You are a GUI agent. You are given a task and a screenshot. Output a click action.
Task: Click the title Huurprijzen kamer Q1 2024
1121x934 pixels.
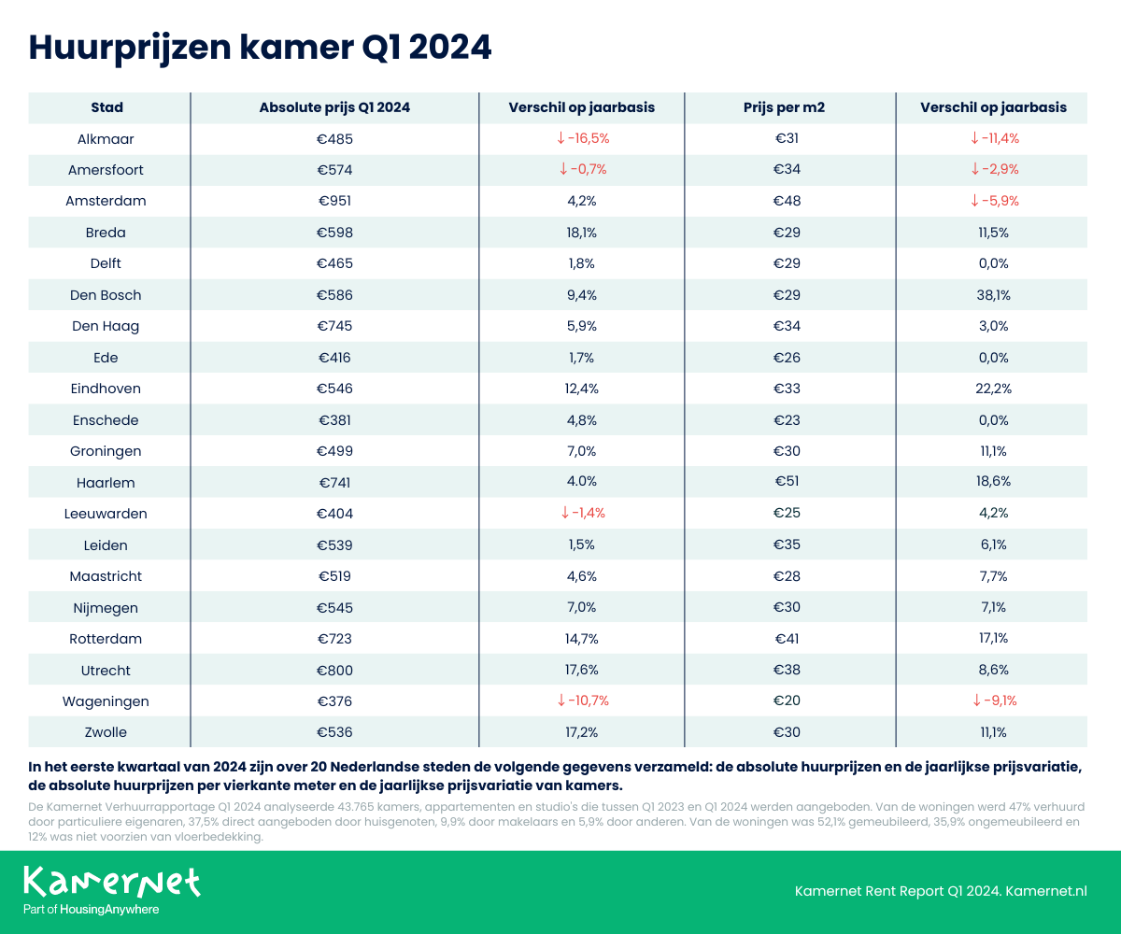260,47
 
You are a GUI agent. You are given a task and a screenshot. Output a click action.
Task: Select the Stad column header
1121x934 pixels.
107,107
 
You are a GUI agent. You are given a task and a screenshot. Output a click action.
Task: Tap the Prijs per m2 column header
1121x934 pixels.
790,107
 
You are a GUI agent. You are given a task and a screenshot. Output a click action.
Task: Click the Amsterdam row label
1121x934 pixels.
106,201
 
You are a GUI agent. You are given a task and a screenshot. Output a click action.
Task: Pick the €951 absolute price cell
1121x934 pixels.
334,201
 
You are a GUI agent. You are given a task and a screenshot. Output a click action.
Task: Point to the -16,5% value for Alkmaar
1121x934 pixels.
582,138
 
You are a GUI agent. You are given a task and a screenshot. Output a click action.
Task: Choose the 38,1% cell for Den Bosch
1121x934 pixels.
993,295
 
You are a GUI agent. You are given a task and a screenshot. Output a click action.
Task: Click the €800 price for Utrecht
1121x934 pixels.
334,671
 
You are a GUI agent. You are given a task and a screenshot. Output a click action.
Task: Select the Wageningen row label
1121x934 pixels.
107,701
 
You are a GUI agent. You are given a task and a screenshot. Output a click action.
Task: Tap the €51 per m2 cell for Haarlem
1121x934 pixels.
788,482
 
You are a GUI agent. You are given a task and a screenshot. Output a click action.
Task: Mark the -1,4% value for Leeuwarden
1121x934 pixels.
584,514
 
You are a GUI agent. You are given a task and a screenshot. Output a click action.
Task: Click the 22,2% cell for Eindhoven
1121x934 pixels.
993,389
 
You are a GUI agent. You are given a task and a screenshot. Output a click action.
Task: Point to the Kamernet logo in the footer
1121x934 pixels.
111,882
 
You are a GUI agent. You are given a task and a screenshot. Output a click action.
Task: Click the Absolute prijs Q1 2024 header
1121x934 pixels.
334,107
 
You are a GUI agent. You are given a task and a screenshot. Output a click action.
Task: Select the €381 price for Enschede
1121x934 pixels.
334,420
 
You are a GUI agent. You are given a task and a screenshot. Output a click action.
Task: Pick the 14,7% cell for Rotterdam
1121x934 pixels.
582,639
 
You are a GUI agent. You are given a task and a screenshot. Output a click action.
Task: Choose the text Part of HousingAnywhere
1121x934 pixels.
91,910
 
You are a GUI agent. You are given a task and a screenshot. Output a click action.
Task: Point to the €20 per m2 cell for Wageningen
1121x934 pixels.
788,701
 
